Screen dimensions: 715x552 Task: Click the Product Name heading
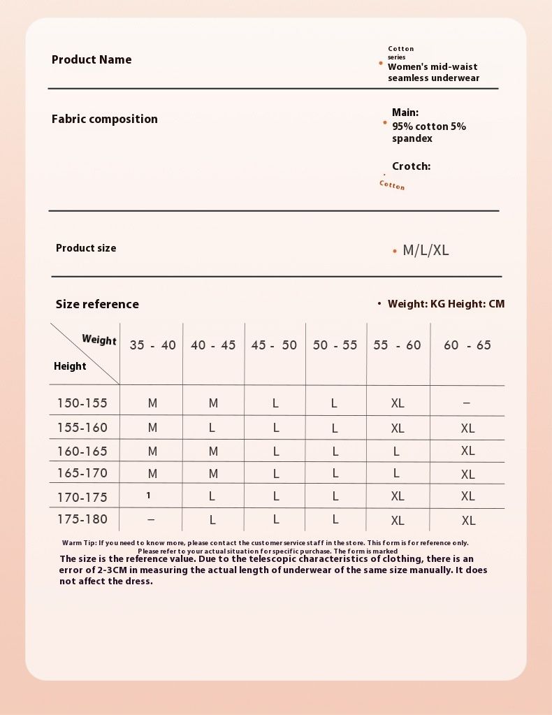click(x=92, y=60)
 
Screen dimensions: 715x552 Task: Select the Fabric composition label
click(x=105, y=119)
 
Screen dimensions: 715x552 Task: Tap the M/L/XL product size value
click(x=426, y=250)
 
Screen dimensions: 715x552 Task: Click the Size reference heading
click(x=97, y=304)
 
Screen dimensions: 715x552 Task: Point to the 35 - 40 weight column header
click(x=152, y=345)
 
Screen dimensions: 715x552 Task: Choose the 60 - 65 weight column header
click(x=467, y=345)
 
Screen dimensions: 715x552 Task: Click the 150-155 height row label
click(x=82, y=403)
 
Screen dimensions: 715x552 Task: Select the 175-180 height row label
click(x=82, y=519)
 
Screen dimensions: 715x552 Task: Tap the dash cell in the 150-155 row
click(x=467, y=403)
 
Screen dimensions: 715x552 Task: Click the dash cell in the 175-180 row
click(x=152, y=520)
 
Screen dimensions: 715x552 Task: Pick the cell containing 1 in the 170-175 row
click(x=149, y=496)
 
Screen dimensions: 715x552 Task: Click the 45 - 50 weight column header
click(x=274, y=345)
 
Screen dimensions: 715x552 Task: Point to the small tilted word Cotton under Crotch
click(x=392, y=185)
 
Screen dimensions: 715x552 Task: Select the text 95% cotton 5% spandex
click(x=428, y=132)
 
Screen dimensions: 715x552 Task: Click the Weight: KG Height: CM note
click(x=446, y=304)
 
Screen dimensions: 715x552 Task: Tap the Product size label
click(x=86, y=248)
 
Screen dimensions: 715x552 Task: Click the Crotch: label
click(x=411, y=166)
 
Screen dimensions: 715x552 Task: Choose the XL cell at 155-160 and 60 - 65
click(x=467, y=428)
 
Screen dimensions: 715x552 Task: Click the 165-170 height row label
click(x=82, y=473)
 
